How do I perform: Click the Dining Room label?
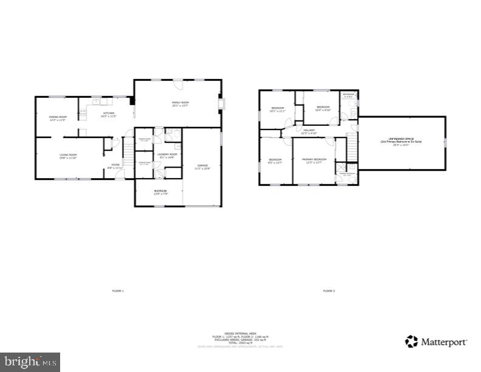tap(57, 118)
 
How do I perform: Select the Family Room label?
tap(180, 103)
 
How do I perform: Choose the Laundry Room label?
tap(167, 155)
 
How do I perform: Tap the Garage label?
tap(202, 166)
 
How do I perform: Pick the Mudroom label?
tap(160, 192)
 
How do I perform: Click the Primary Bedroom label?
tap(316, 160)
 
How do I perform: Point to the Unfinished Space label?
tap(400, 141)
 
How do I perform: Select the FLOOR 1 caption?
tap(118, 291)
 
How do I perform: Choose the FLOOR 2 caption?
tap(329, 291)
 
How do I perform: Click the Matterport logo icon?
tap(412, 341)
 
